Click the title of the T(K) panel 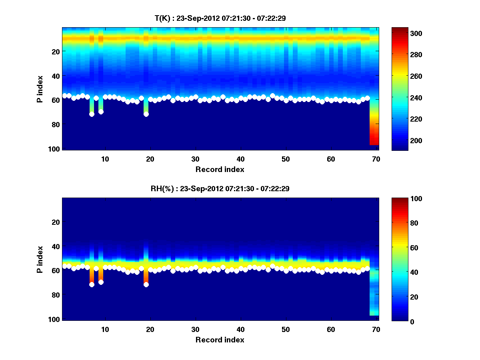[x=220, y=18]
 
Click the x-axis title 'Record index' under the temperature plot [x=220, y=169]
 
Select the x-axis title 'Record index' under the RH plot [x=220, y=340]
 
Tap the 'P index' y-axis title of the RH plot [x=40, y=259]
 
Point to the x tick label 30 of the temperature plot [x=195, y=159]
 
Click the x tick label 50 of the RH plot [x=286, y=329]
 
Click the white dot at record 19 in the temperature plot [x=146, y=114]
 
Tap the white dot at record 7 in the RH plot [x=92, y=284]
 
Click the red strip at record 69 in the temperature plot [x=374, y=132]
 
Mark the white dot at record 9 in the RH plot [x=101, y=282]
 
